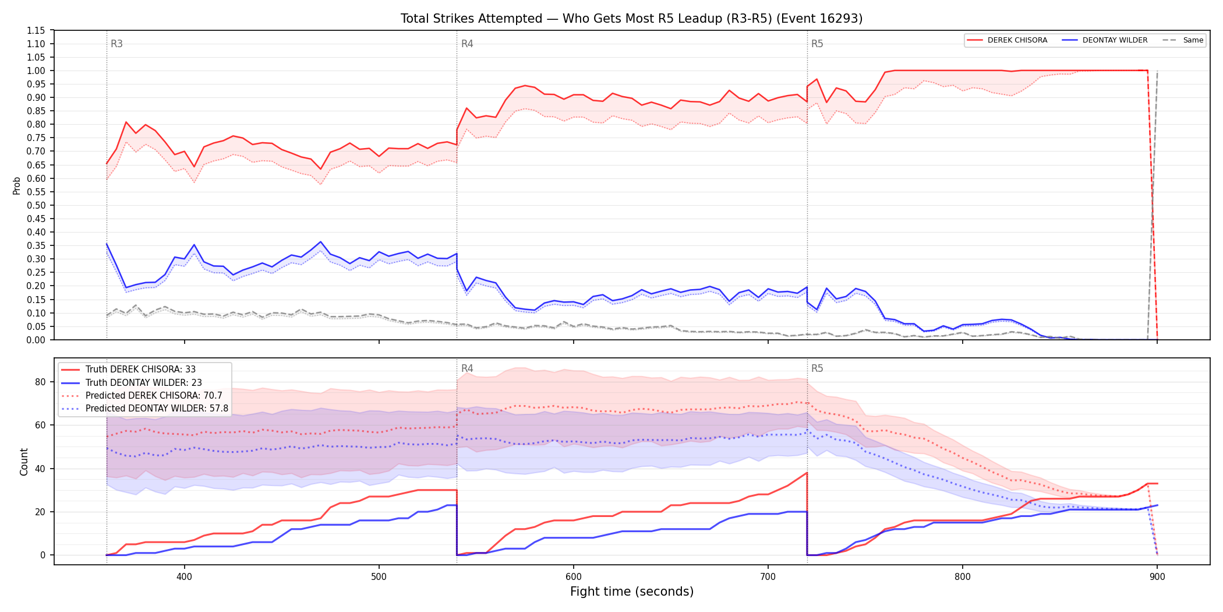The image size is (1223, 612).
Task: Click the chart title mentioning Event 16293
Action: point(631,19)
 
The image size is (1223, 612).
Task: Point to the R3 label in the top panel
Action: point(116,44)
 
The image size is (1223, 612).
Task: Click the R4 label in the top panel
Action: point(467,44)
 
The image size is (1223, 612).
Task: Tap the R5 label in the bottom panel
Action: point(817,368)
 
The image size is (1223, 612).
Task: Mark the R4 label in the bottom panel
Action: point(467,368)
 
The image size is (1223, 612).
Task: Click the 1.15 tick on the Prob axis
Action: point(36,30)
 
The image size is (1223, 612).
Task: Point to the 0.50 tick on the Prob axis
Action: point(36,205)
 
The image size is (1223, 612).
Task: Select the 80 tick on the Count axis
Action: point(40,382)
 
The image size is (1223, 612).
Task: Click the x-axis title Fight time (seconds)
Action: point(632,592)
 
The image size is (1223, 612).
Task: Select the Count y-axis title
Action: point(24,462)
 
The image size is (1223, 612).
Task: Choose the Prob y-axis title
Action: point(17,185)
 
